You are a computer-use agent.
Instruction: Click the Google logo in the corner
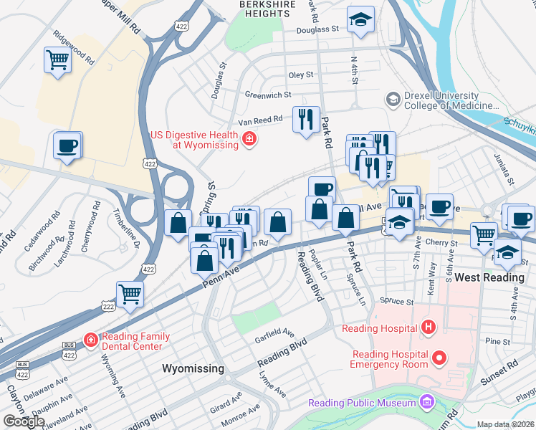click(24, 421)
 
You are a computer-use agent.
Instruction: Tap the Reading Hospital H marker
click(429, 328)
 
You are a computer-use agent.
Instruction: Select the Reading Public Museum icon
click(428, 402)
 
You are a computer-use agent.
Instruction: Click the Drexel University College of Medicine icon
click(393, 100)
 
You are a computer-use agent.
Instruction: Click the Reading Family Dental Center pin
click(91, 340)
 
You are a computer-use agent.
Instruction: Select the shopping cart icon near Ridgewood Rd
click(57, 60)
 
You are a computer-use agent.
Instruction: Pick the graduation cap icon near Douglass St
click(360, 20)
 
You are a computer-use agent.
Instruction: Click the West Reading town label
click(487, 277)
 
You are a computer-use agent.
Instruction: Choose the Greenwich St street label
click(268, 94)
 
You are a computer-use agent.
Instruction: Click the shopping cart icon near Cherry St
click(484, 234)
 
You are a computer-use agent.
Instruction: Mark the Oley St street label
click(301, 75)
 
